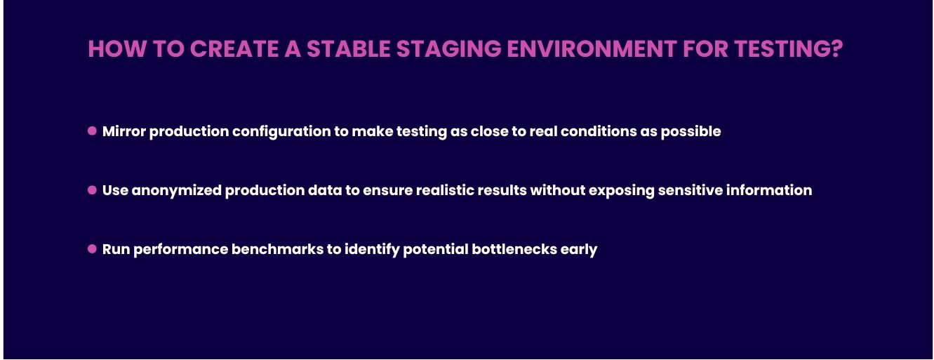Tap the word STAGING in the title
click(x=448, y=49)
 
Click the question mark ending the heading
click(x=836, y=49)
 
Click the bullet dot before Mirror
click(x=92, y=131)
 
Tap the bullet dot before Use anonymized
click(x=92, y=189)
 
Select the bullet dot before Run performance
click(x=92, y=248)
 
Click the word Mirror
click(x=124, y=131)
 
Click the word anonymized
click(x=176, y=191)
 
